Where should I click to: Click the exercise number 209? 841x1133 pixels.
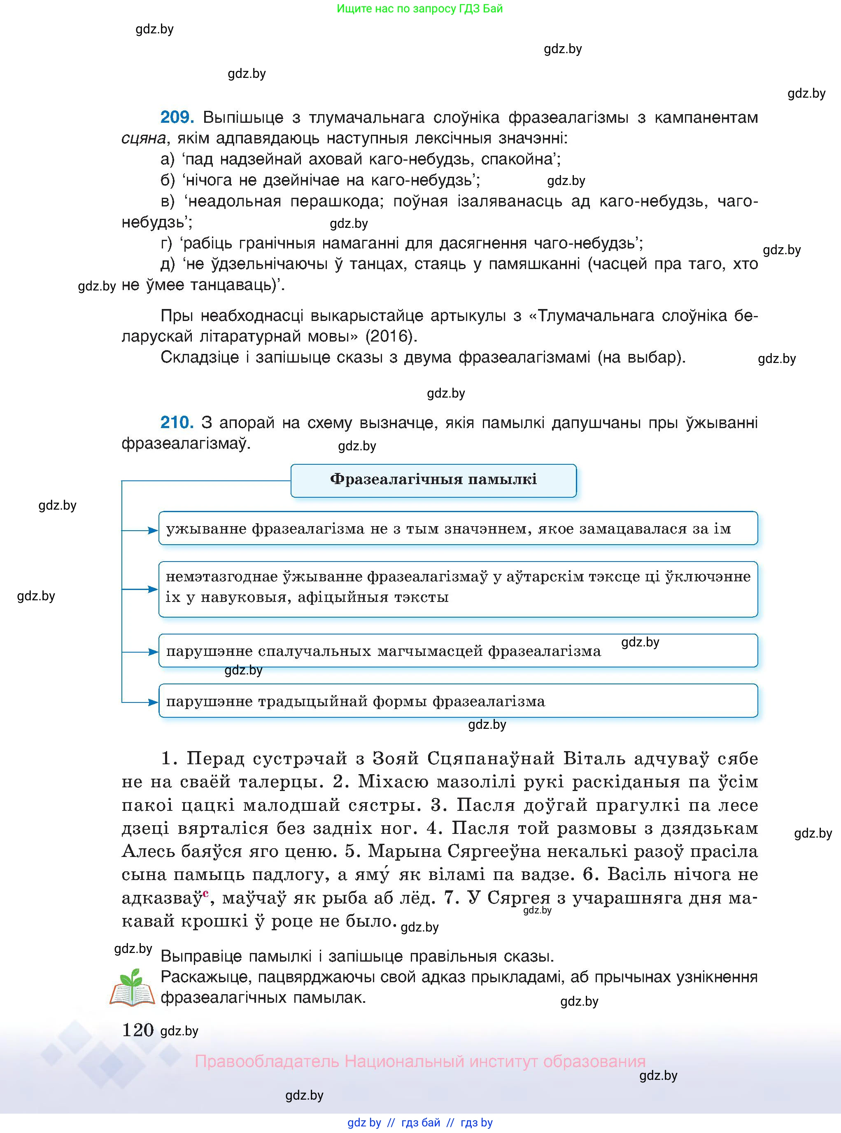pyautogui.click(x=177, y=117)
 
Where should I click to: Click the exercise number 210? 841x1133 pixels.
pyautogui.click(x=177, y=422)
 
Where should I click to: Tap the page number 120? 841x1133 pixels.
pyautogui.click(x=137, y=1030)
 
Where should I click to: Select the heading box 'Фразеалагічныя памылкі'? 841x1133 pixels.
pyautogui.click(x=433, y=480)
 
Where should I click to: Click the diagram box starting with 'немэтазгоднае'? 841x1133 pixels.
pyautogui.click(x=458, y=589)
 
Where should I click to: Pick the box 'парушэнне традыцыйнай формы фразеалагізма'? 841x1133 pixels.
pyautogui.click(x=458, y=701)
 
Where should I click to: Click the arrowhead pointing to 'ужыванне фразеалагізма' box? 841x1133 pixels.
pyautogui.click(x=153, y=530)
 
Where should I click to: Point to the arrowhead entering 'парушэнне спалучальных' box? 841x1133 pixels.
pyautogui.click(x=153, y=651)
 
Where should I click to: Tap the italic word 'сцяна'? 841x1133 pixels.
pyautogui.click(x=144, y=138)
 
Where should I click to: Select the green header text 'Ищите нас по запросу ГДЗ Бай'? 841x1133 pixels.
pyautogui.click(x=419, y=9)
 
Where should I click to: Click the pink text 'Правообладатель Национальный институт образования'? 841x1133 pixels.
pyautogui.click(x=420, y=1061)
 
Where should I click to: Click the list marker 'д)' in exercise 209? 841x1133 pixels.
pyautogui.click(x=168, y=264)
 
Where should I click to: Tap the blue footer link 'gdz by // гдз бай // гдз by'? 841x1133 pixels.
pyautogui.click(x=420, y=1122)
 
